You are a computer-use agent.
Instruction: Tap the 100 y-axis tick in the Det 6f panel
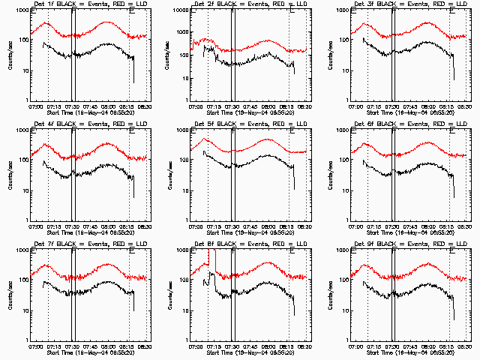pos(342,160)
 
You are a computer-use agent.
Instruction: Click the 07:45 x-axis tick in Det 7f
pos(91,346)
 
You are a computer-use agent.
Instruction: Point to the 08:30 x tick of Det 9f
pos(463,346)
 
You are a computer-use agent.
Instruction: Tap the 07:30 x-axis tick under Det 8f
pos(232,346)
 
